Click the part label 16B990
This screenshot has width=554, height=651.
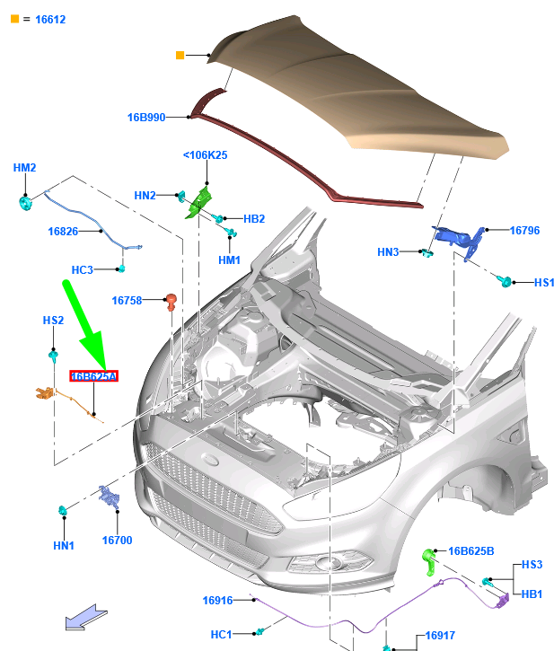(x=145, y=117)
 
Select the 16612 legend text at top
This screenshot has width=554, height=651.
(x=50, y=19)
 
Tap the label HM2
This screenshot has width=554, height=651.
(x=24, y=168)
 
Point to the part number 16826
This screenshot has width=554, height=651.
(x=64, y=232)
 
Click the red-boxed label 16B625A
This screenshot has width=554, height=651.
(x=94, y=377)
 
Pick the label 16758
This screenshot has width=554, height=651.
(x=128, y=301)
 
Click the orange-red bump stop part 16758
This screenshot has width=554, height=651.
(x=170, y=302)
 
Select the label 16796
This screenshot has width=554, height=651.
(x=525, y=231)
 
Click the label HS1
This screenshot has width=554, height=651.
(x=544, y=283)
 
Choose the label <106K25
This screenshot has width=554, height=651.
(x=205, y=155)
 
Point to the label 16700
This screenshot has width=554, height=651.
(x=117, y=541)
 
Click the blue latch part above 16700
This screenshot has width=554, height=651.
(x=110, y=497)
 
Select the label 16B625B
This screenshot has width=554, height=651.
(x=471, y=550)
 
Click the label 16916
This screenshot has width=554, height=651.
(x=218, y=600)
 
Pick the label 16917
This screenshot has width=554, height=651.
(x=440, y=636)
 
